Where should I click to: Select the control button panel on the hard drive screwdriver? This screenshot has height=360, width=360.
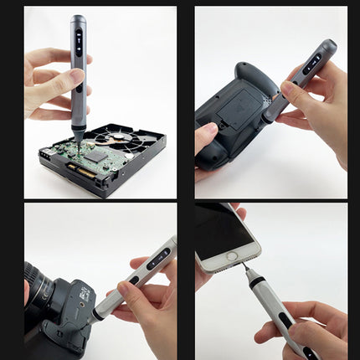click(x=79, y=42)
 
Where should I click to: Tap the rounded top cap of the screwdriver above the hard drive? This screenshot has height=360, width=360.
click(x=78, y=18)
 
